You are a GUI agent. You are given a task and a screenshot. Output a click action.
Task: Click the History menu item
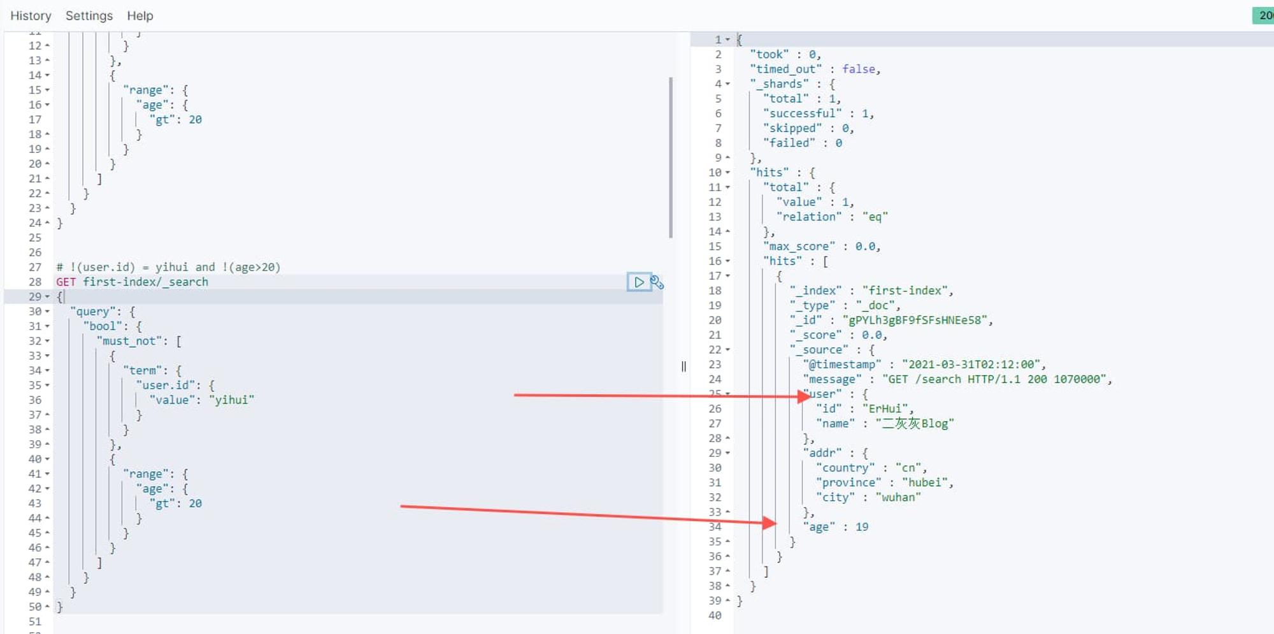[x=31, y=16]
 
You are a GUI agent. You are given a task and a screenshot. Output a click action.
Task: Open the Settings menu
[x=89, y=16]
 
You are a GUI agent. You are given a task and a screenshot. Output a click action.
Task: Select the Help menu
[x=140, y=16]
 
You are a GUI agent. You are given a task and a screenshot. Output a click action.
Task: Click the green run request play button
[x=639, y=282]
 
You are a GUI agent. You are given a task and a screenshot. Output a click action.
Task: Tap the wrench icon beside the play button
[x=657, y=282]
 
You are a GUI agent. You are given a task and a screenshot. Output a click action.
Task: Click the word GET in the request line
[x=66, y=282]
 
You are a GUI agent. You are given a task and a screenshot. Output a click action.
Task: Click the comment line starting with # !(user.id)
[x=168, y=267]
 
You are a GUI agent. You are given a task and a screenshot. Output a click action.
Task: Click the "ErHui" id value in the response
[x=887, y=408]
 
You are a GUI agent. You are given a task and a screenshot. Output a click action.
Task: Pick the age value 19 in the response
[x=862, y=527]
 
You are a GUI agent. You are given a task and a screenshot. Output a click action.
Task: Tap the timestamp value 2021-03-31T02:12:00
[x=971, y=364]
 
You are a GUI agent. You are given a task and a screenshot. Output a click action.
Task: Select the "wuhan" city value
[x=898, y=497]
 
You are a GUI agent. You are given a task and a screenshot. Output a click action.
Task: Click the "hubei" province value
[x=924, y=482]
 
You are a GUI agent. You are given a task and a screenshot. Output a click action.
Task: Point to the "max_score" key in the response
[x=799, y=246]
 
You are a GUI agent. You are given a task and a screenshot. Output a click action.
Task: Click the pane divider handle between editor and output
[x=684, y=366]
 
